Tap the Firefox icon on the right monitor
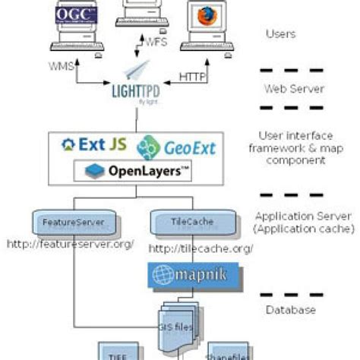click(204, 17)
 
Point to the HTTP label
click(192, 77)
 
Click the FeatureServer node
click(69, 223)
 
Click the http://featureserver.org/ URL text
click(70, 244)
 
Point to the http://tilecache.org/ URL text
click(201, 248)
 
